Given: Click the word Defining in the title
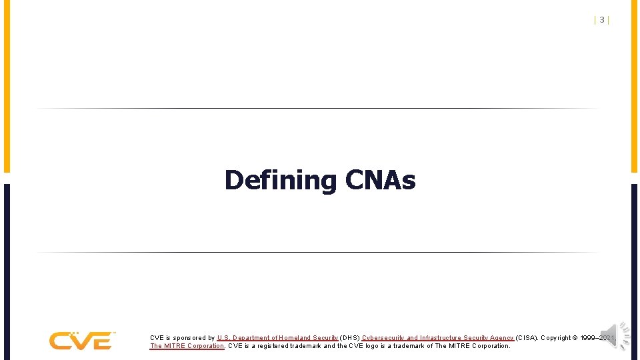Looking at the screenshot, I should [x=281, y=180].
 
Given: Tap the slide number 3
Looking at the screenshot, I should [x=602, y=20].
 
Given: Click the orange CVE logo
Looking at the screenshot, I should [x=82, y=341].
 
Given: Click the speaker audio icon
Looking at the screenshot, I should [x=615, y=334].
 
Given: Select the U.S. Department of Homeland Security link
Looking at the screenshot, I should [x=277, y=338].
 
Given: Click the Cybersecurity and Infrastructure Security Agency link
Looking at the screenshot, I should [x=438, y=338].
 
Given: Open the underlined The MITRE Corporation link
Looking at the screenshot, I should [x=187, y=346].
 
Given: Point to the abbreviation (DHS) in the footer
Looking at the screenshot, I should [x=350, y=338].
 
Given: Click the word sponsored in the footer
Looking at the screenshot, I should [x=193, y=338].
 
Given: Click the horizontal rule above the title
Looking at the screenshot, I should [x=317, y=108].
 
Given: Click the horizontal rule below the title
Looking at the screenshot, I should [x=317, y=252].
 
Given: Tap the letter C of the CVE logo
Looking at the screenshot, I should [x=59, y=341].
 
